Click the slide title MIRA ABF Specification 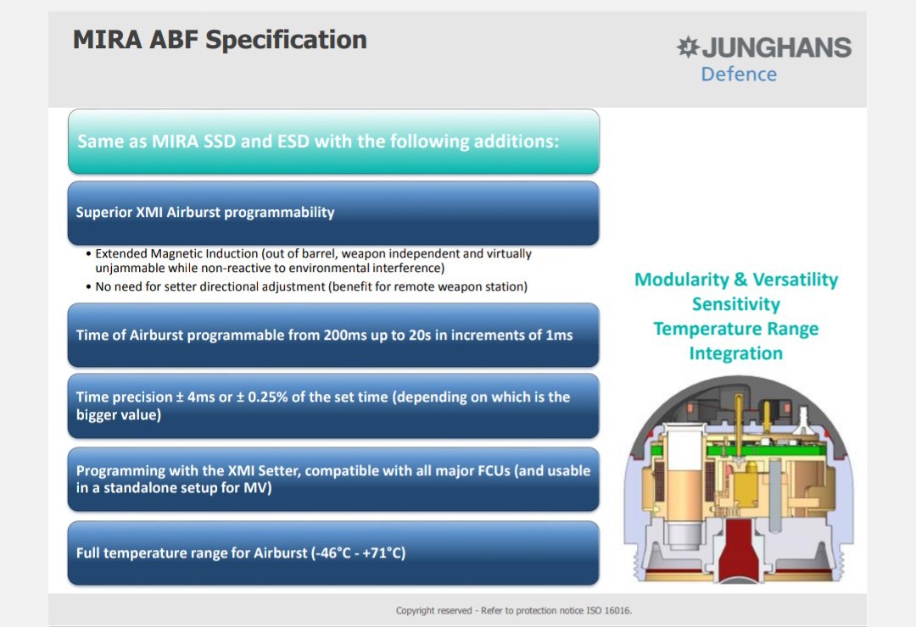(x=220, y=41)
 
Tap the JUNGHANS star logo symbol (x=688, y=47)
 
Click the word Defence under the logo (x=739, y=75)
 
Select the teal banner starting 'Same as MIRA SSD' (x=333, y=141)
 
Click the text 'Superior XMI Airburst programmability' (x=205, y=212)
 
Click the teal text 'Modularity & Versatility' (x=736, y=280)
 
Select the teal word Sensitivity (x=736, y=304)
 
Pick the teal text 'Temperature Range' (x=736, y=329)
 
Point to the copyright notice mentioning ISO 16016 (x=514, y=611)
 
